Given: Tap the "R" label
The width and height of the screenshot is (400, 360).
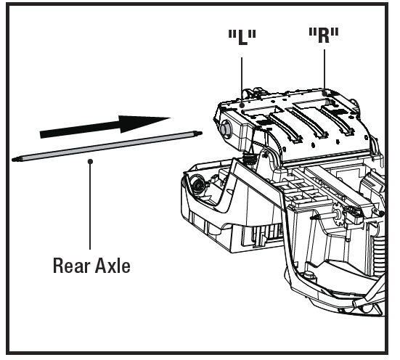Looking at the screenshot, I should [324, 37].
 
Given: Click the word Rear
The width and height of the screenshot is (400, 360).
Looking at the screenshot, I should [71, 266].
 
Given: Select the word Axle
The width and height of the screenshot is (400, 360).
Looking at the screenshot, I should [113, 266].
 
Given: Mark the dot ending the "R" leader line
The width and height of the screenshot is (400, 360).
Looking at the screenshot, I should [324, 93].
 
